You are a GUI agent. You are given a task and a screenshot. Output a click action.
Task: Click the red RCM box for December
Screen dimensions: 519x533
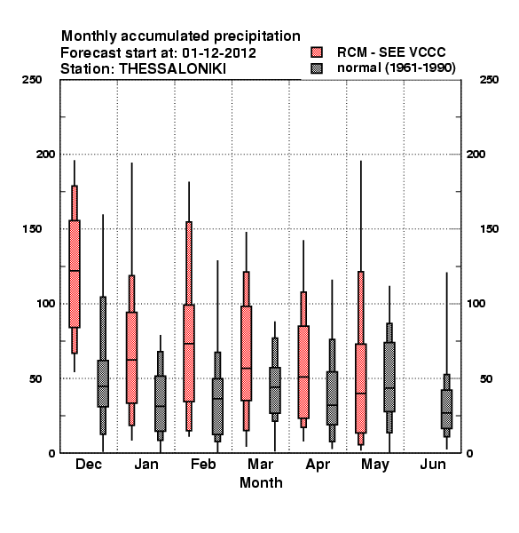[x=75, y=274]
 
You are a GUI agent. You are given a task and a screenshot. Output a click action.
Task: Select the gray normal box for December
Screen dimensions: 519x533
[x=103, y=384]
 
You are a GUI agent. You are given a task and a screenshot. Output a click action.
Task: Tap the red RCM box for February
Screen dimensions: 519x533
[x=189, y=354]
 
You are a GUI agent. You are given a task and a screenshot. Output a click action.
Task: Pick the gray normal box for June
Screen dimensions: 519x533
[x=447, y=410]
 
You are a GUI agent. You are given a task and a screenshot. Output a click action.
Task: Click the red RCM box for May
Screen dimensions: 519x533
[x=361, y=388]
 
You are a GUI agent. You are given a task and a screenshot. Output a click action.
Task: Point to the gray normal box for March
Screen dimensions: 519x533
[x=275, y=390]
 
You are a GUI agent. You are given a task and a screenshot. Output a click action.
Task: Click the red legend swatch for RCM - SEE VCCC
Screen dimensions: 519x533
[x=317, y=52]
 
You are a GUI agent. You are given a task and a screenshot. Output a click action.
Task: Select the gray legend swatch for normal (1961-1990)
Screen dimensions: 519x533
[x=317, y=68]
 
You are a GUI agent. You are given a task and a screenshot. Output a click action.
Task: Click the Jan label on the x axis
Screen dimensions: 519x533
[x=146, y=465]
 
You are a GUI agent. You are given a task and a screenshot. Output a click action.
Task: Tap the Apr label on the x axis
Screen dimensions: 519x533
[x=318, y=465]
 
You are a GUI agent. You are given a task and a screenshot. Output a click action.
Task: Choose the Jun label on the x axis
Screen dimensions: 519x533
[x=433, y=465]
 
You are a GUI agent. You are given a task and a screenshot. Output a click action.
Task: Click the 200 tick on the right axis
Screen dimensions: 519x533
[x=476, y=155]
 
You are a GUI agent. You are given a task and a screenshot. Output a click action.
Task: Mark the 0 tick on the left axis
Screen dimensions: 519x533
[x=51, y=453]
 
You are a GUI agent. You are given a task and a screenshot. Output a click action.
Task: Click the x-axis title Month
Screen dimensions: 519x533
[x=261, y=483]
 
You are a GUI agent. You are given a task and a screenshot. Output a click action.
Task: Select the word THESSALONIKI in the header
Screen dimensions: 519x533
[x=172, y=69]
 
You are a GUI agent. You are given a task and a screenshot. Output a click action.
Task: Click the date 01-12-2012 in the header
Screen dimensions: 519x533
[x=219, y=53]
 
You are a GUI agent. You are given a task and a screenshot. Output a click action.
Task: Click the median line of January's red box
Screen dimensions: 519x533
[x=131, y=360]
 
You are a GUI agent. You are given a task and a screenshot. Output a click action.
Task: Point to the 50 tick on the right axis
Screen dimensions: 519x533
[x=486, y=378]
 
